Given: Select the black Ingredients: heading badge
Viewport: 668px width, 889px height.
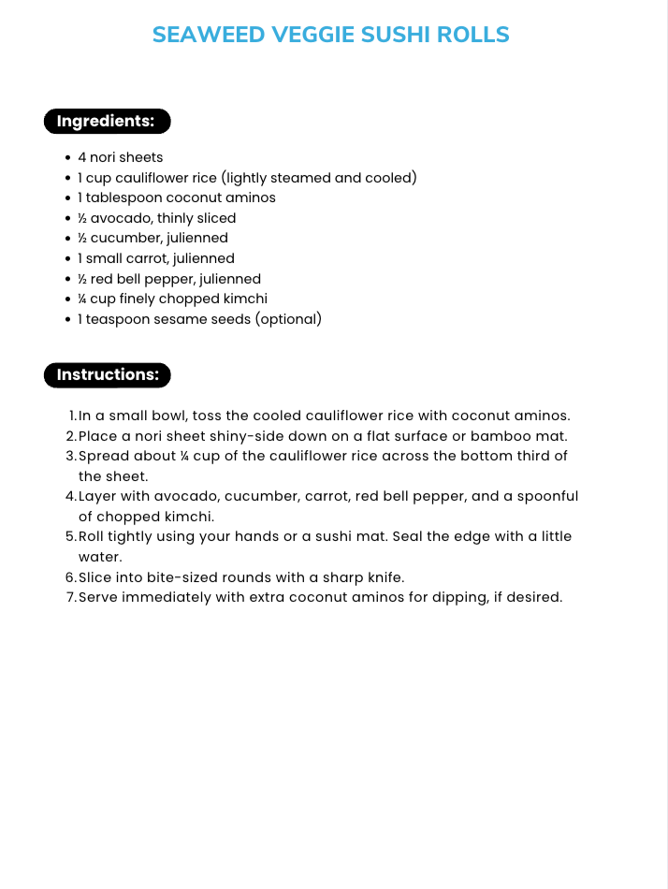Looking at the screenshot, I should tap(107, 121).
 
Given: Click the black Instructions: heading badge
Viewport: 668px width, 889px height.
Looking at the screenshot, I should tap(108, 375).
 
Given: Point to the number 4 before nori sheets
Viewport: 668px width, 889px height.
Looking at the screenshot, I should tap(82, 157).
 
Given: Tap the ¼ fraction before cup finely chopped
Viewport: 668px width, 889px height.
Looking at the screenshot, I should tap(82, 299).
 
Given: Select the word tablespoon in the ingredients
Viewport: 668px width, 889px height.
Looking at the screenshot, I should tap(124, 198).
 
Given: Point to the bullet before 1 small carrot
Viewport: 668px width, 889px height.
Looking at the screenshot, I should tap(68, 259).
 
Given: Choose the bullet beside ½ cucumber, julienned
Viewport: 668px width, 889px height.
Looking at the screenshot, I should tap(68, 239).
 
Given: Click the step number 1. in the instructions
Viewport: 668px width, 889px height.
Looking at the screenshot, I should tap(73, 415).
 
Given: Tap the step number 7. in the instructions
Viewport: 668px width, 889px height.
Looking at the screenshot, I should tap(71, 597).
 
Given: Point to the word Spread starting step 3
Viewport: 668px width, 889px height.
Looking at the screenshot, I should tap(103, 456).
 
